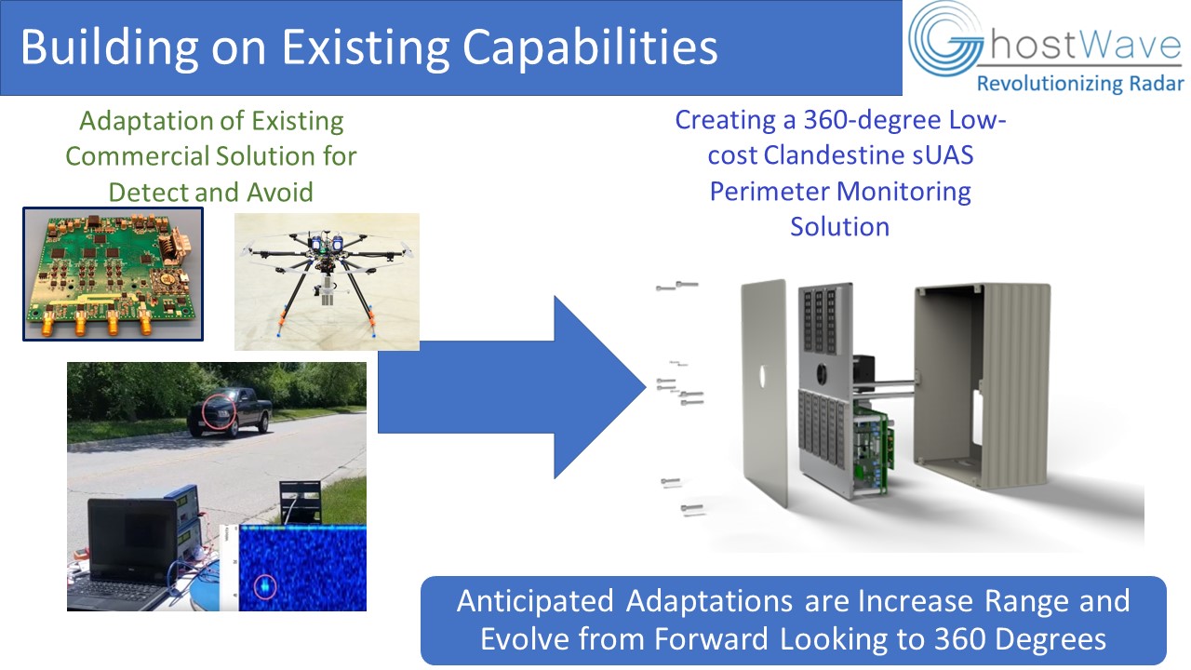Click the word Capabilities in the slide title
[590, 47]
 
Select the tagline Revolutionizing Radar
[1080, 84]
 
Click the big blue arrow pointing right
[512, 387]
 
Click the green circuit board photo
[113, 275]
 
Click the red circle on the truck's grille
[219, 410]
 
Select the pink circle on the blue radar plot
[264, 586]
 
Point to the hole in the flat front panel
[762, 376]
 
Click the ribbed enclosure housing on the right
[982, 385]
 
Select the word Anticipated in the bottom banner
[535, 601]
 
